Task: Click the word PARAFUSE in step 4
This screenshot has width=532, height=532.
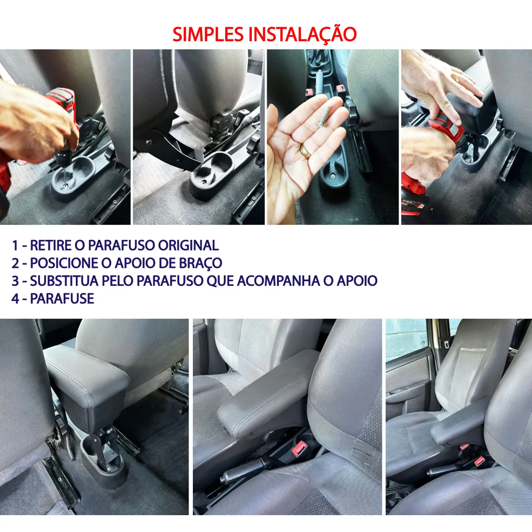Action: point(62,298)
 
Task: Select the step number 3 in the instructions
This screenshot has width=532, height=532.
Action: point(15,281)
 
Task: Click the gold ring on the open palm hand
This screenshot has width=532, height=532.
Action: point(305,152)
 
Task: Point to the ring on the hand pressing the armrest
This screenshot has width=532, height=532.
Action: point(458,79)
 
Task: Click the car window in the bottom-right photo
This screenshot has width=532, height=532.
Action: point(405,339)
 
